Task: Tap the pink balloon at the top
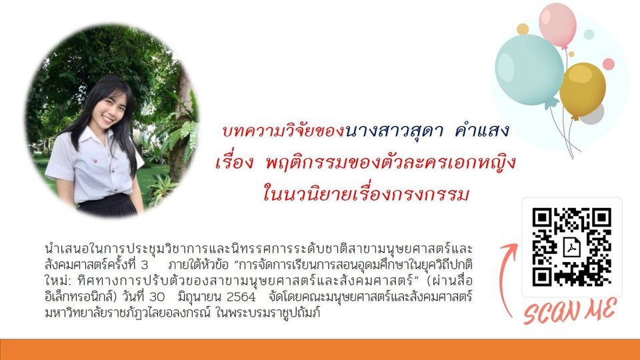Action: [557, 25]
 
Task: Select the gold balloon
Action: [583, 91]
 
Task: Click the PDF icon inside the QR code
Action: [572, 247]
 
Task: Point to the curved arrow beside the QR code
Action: [503, 277]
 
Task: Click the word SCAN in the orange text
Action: [551, 312]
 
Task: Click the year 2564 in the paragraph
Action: [241, 296]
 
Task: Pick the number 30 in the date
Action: [157, 296]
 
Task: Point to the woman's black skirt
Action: [107, 206]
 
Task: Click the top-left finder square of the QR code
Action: [542, 217]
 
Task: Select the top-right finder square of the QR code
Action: [601, 217]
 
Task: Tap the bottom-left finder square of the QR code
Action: [542, 277]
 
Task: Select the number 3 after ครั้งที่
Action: [145, 265]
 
